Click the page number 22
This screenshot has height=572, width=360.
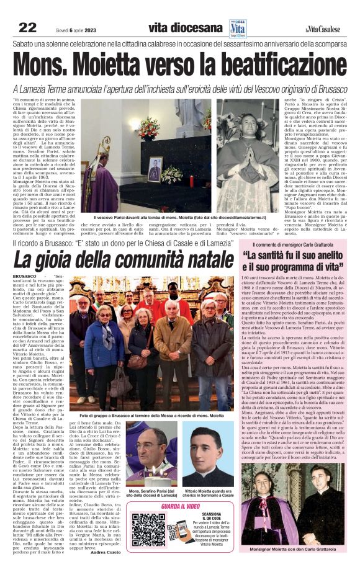click(x=28, y=27)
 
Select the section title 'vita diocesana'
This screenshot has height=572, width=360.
click(x=184, y=27)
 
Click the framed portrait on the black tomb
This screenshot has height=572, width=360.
click(x=154, y=169)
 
